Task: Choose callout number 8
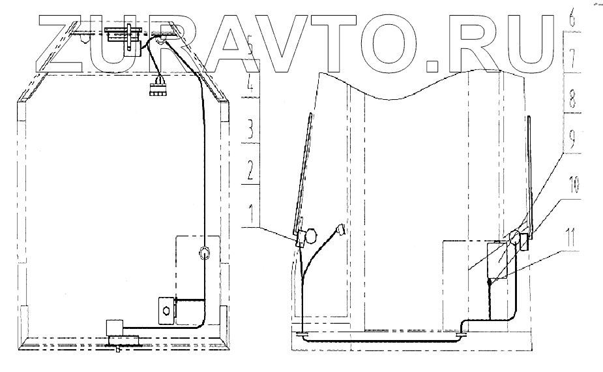[572, 101]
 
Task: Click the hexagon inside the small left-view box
[165, 309]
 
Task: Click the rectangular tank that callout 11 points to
[499, 261]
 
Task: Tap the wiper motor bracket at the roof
[124, 35]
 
